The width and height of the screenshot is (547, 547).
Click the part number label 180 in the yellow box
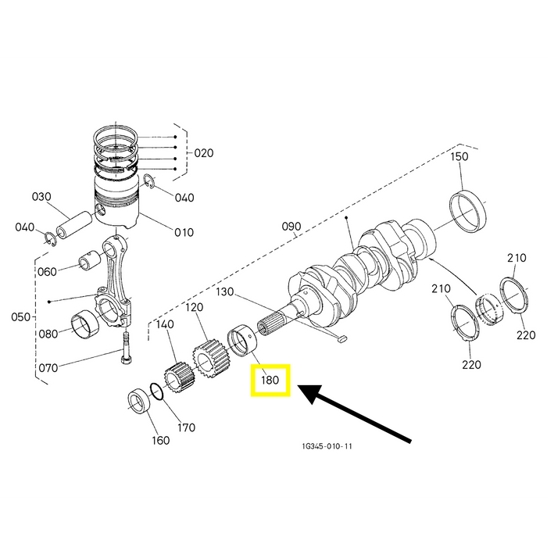(x=270, y=380)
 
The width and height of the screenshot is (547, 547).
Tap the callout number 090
(x=291, y=227)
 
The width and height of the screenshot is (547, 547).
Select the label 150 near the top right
(x=459, y=156)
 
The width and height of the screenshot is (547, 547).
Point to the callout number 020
(x=204, y=153)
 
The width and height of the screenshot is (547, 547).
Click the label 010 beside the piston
(x=184, y=232)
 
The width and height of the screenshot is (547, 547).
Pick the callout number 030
(x=41, y=197)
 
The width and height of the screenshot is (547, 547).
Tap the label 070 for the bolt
(x=48, y=368)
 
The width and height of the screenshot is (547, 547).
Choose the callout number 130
(x=225, y=291)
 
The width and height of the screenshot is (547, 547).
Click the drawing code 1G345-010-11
(x=327, y=446)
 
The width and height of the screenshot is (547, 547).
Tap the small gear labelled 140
(x=179, y=377)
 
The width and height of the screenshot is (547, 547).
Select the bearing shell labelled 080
(x=85, y=324)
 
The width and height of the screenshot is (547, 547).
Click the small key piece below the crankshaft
(x=342, y=338)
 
